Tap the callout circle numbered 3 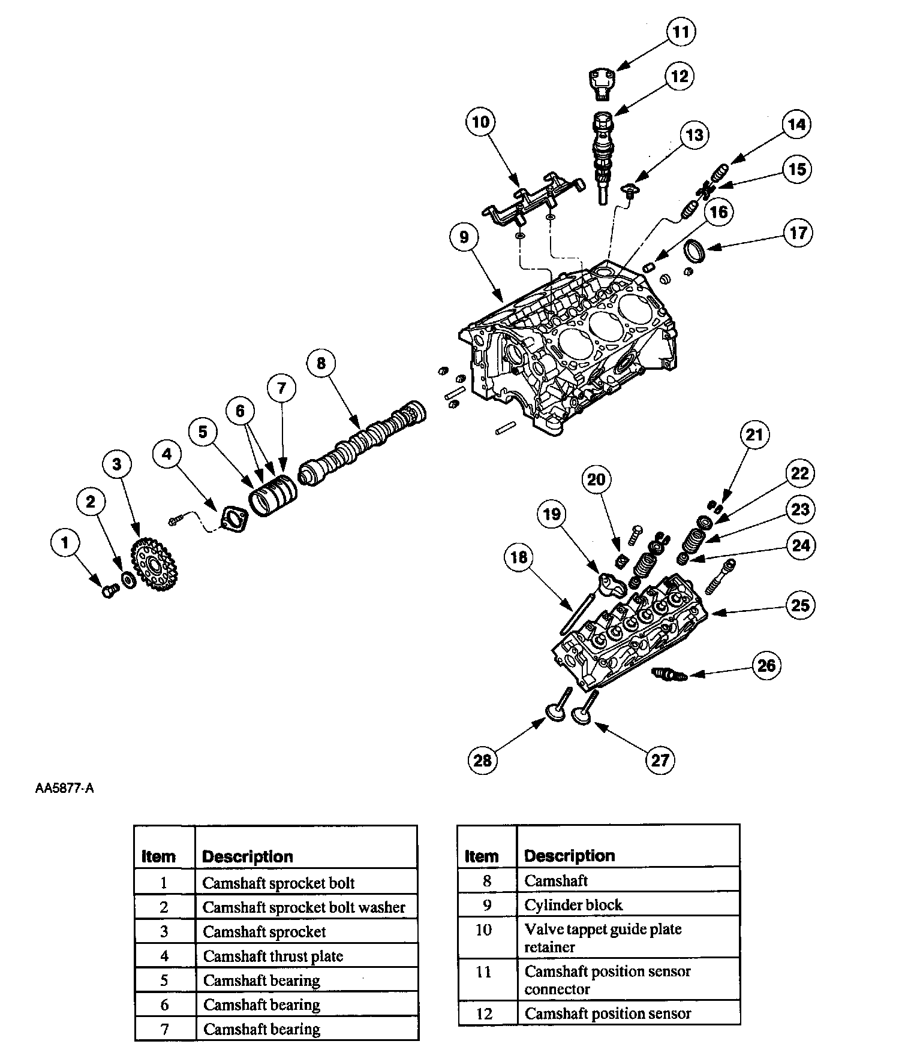click(117, 464)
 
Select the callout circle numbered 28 click(483, 760)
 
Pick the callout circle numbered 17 click(798, 233)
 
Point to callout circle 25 click(801, 605)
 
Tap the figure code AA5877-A click(64, 788)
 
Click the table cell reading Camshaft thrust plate click(273, 956)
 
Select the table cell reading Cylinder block click(574, 905)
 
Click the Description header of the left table click(248, 856)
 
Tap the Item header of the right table click(482, 856)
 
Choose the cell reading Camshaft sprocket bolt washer click(304, 907)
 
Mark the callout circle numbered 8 click(321, 363)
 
